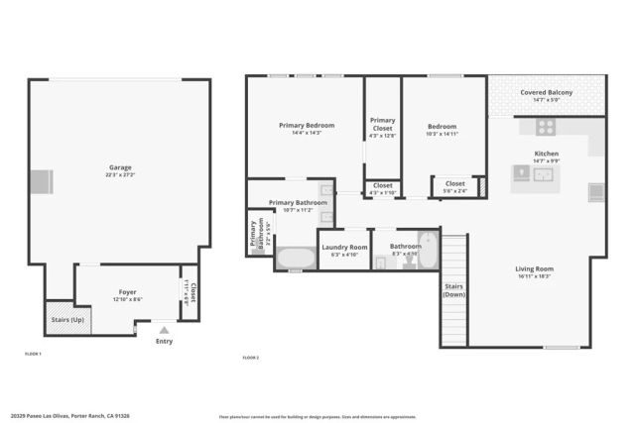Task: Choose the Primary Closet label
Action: point(382,125)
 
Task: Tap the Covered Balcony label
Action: point(546,95)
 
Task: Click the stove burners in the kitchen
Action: point(546,127)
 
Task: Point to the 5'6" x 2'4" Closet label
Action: point(455,185)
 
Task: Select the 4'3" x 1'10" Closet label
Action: point(382,187)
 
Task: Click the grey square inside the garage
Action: point(40,182)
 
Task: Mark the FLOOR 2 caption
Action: point(252,357)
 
